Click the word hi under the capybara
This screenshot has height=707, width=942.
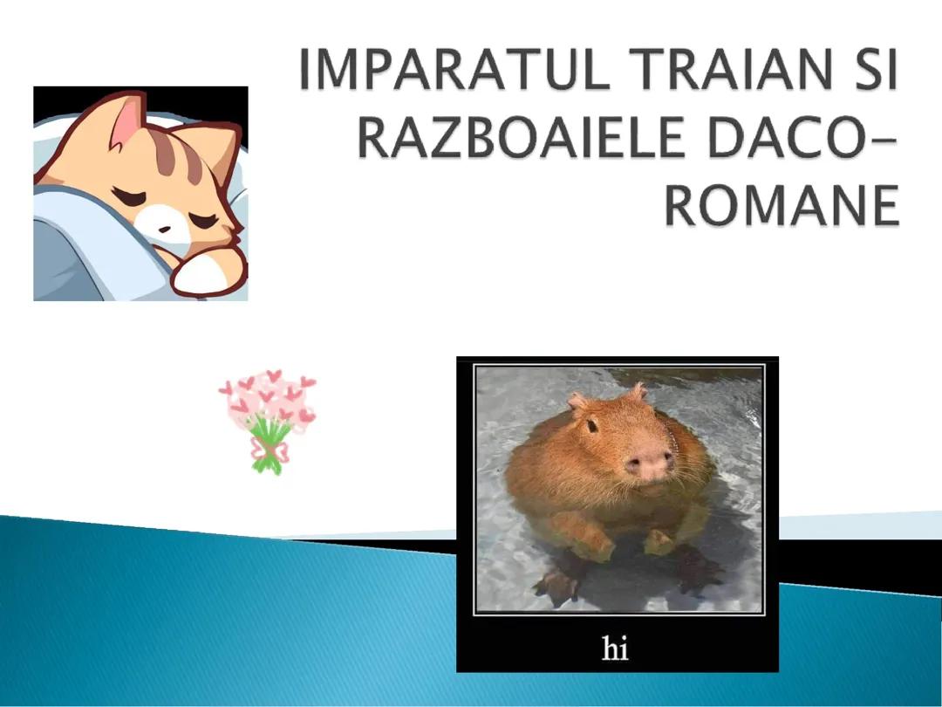pyautogui.click(x=616, y=649)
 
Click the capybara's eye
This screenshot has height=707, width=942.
pyautogui.click(x=591, y=426)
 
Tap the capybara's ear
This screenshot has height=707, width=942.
pyautogui.click(x=577, y=402)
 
